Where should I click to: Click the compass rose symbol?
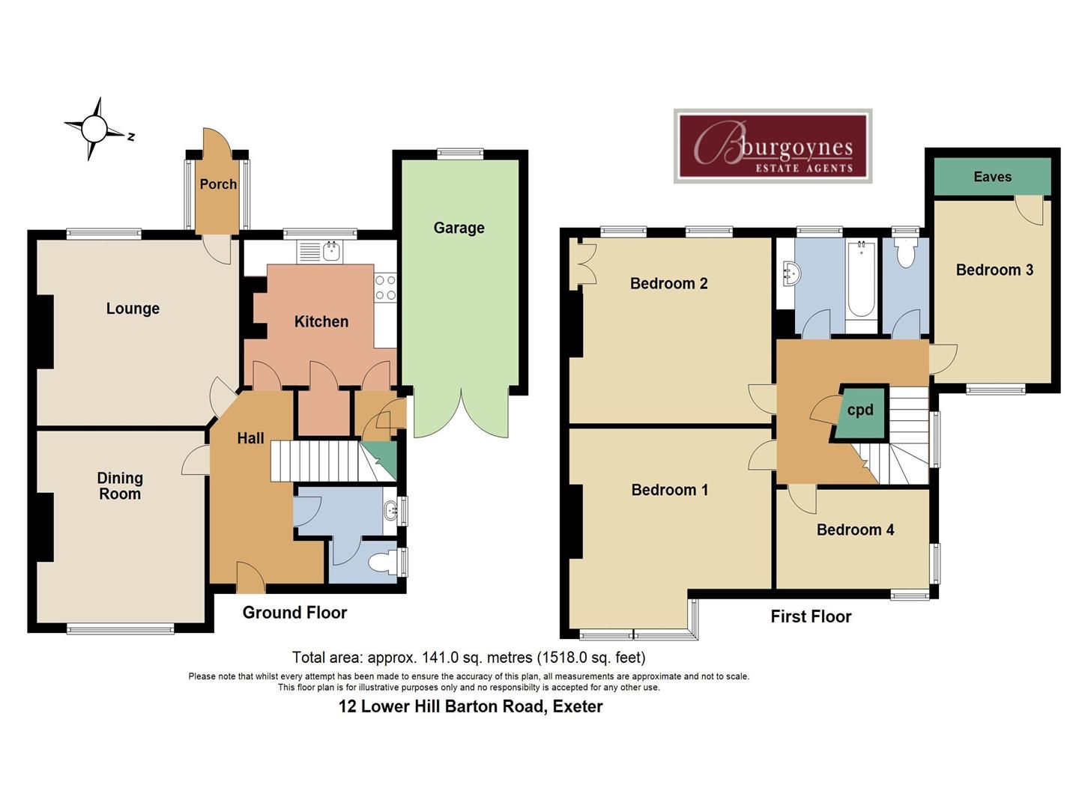tap(94, 129)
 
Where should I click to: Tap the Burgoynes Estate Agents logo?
tap(773, 146)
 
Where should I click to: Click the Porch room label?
tap(218, 184)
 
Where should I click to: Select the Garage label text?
tap(459, 228)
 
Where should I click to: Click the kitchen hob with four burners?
tap(385, 288)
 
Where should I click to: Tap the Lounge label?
tap(133, 309)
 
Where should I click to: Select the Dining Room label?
tap(120, 486)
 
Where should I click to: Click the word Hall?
tap(250, 438)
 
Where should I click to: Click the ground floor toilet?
tap(390, 562)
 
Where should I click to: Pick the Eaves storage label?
tap(992, 177)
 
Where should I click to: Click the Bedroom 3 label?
tap(994, 270)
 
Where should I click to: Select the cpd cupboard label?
tap(860, 410)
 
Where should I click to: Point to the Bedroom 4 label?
tap(855, 530)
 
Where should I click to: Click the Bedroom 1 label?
tap(669, 490)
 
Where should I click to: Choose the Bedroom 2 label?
tap(668, 283)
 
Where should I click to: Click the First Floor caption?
tap(811, 616)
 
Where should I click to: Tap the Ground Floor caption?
tap(294, 613)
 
